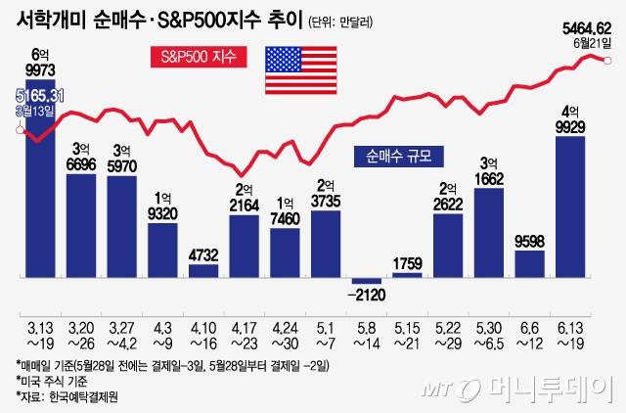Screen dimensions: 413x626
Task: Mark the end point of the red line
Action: [x=607, y=61]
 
